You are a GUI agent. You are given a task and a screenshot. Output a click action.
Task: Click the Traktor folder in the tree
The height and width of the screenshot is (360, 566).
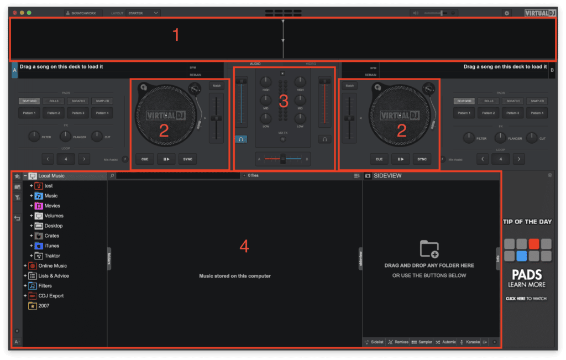tap(52, 255)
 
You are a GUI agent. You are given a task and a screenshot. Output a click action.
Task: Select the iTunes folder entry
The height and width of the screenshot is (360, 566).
tap(51, 246)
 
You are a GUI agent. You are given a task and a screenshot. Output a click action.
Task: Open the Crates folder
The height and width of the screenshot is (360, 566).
tap(51, 236)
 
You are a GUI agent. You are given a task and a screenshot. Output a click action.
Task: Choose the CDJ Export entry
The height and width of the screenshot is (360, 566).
tap(51, 295)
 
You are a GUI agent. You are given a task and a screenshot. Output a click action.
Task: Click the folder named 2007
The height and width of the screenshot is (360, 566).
tap(44, 305)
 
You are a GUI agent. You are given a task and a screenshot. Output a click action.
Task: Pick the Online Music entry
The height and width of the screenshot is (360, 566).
tap(53, 265)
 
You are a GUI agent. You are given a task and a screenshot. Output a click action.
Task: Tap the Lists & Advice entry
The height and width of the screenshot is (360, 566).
tap(54, 275)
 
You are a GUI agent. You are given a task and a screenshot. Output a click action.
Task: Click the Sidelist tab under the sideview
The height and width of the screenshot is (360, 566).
tap(374, 342)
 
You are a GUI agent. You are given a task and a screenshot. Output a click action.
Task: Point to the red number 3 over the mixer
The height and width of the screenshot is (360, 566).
tap(284, 101)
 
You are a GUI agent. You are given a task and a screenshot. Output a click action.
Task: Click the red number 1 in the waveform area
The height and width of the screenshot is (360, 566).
tap(176, 36)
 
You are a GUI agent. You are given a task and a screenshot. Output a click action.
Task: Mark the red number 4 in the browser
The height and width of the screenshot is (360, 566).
tap(244, 247)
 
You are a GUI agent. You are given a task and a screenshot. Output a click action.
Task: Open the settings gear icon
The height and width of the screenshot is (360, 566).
tap(507, 12)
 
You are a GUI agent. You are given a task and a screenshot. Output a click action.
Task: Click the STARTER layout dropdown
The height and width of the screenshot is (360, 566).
tap(142, 12)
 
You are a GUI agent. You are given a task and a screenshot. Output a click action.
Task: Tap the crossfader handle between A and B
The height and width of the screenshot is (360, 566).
tap(283, 159)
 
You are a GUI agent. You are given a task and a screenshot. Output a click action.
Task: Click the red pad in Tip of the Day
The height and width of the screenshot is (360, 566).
tap(533, 243)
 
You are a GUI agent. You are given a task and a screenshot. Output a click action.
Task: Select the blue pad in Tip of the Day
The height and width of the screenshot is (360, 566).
tap(521, 256)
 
